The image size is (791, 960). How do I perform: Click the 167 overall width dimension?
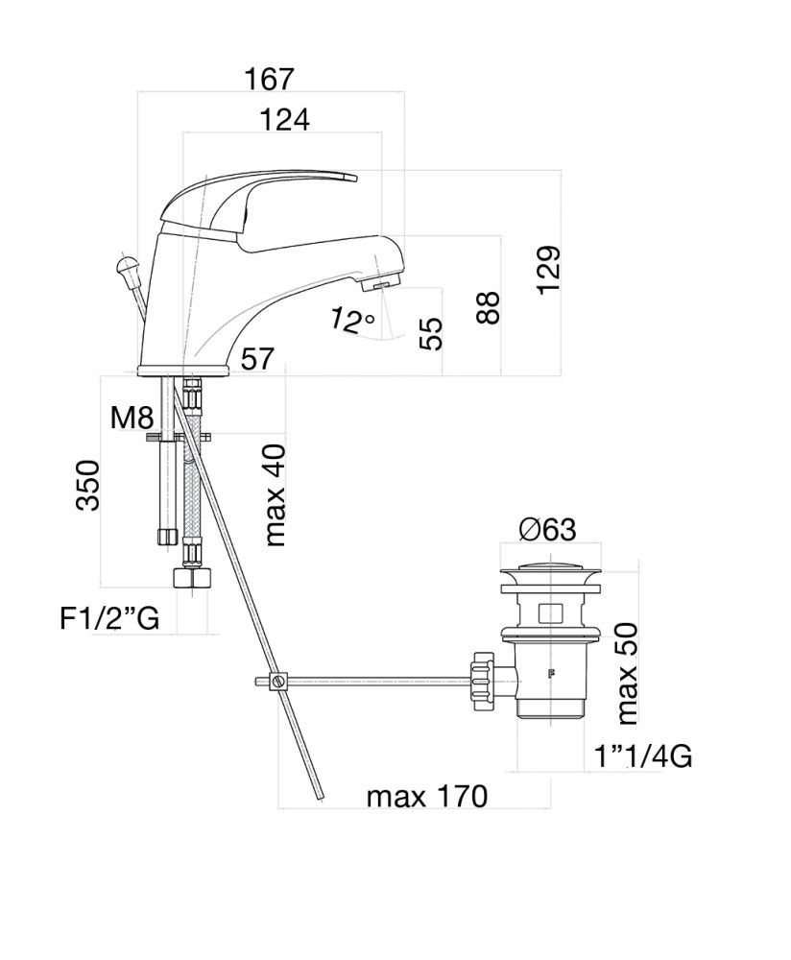[x=268, y=78]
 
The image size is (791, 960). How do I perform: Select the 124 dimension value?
[x=284, y=120]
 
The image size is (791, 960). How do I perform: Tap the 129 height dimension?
[x=548, y=271]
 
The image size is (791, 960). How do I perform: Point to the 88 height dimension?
[x=489, y=307]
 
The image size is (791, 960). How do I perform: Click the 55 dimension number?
[x=433, y=333]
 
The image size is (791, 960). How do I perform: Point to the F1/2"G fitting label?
[x=109, y=618]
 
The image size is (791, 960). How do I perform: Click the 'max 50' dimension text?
[x=629, y=673]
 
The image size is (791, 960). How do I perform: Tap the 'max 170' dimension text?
[x=426, y=796]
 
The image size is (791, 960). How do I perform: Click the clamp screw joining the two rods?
[x=278, y=683]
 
